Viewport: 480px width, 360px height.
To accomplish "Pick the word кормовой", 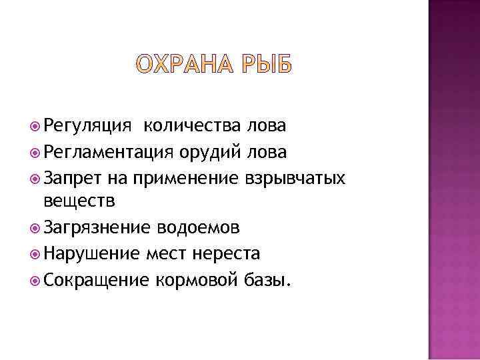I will click(195, 279).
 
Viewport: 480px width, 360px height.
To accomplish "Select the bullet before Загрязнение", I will click(37, 228).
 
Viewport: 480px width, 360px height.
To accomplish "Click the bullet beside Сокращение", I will click(37, 279).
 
